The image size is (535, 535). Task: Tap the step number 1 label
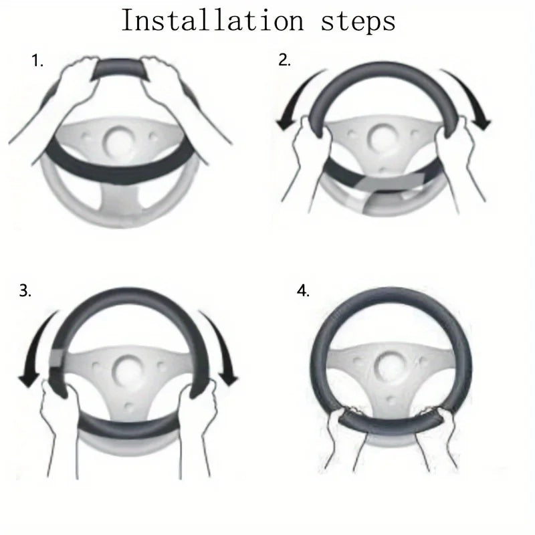(37, 62)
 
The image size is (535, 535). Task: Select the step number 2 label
(285, 61)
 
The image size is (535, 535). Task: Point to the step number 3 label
(25, 292)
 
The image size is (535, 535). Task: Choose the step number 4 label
(304, 292)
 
